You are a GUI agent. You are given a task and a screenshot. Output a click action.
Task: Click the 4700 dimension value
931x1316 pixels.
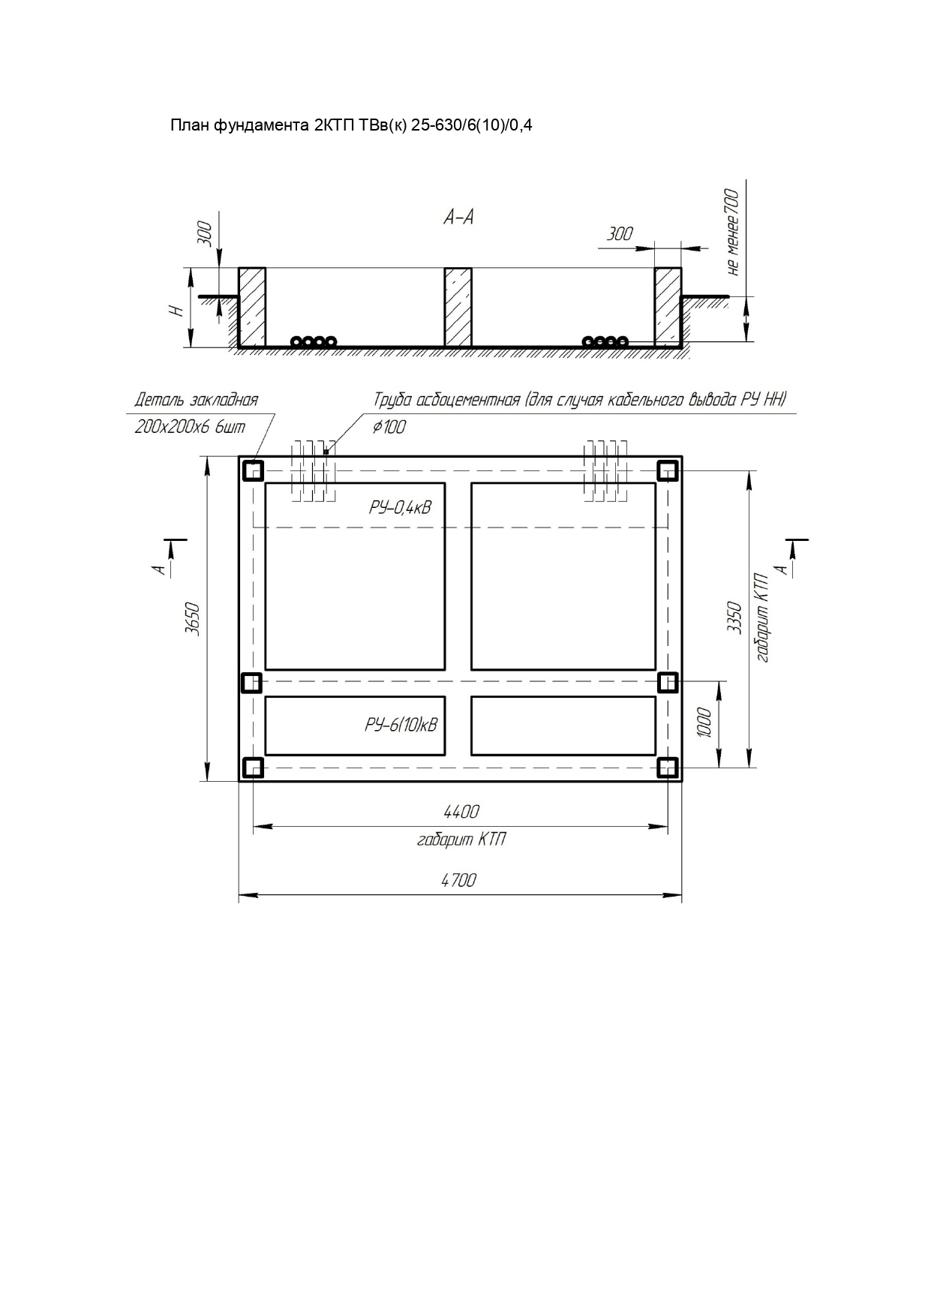[458, 880]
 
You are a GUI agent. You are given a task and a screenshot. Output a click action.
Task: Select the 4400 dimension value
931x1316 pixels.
[461, 811]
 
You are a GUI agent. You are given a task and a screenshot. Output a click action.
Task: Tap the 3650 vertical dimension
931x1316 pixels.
[193, 618]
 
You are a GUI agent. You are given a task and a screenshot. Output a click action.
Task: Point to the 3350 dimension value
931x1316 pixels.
[734, 618]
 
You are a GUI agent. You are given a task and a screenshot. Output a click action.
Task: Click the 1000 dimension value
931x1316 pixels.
[704, 723]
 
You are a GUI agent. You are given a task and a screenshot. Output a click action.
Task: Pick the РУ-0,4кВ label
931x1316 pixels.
[400, 507]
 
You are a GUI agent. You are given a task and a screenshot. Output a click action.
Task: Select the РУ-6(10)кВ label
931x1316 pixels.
[401, 725]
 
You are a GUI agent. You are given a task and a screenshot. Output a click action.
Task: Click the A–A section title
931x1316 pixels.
[458, 218]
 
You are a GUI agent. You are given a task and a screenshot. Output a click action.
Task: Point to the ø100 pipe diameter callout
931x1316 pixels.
[389, 427]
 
